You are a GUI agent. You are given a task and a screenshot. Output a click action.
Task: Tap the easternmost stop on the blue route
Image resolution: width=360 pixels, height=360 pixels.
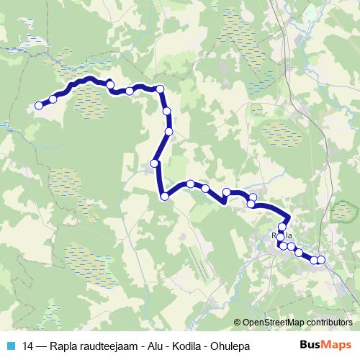(321, 260)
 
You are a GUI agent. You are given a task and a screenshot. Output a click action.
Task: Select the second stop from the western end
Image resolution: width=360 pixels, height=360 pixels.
(53, 99)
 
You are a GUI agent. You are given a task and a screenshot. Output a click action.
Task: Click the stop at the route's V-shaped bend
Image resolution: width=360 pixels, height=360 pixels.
(164, 196)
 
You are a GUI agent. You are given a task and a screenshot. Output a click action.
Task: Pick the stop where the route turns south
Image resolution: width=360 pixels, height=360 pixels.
(161, 89)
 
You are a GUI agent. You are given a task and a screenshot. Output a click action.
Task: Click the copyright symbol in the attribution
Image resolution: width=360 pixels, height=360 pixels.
(238, 323)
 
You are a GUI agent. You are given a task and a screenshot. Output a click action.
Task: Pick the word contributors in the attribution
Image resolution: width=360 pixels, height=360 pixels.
(329, 323)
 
